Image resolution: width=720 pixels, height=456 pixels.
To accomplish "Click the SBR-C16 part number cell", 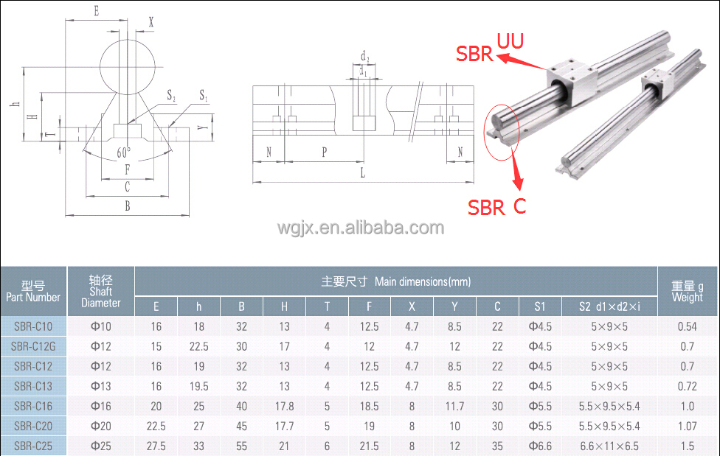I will pos(33,406).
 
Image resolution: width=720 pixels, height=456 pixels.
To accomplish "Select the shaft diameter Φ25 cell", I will pos(100,446).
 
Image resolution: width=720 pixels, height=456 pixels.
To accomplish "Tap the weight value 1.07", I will pos(687,426).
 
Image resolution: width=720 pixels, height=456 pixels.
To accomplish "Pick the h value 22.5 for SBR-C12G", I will pos(198,346).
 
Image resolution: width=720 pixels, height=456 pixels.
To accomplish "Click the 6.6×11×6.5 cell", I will pos(609,446).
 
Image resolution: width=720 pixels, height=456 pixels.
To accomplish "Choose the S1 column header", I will pos(540,306).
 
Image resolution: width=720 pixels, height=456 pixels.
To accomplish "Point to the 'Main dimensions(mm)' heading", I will pos(395,281).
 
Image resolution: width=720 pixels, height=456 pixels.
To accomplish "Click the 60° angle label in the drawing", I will pos(124,152).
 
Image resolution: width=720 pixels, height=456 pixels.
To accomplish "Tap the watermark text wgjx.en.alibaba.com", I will pos(360,228).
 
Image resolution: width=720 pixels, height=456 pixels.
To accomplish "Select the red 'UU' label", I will pos(510,41).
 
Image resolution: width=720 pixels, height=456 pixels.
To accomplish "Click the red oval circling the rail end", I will pos(502,131).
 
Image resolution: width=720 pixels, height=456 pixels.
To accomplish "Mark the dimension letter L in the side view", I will pos(362,173).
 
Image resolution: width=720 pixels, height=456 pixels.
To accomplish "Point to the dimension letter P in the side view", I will pos(324,152).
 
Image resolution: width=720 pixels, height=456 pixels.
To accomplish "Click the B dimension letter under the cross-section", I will pos(127,207).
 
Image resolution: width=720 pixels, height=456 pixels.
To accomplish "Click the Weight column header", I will pos(688,292).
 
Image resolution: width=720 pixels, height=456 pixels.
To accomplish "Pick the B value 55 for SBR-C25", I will pos(241,446).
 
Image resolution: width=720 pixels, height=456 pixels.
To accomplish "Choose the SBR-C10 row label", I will pos(33,326).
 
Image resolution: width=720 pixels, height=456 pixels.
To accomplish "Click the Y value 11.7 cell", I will pos(454,406).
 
